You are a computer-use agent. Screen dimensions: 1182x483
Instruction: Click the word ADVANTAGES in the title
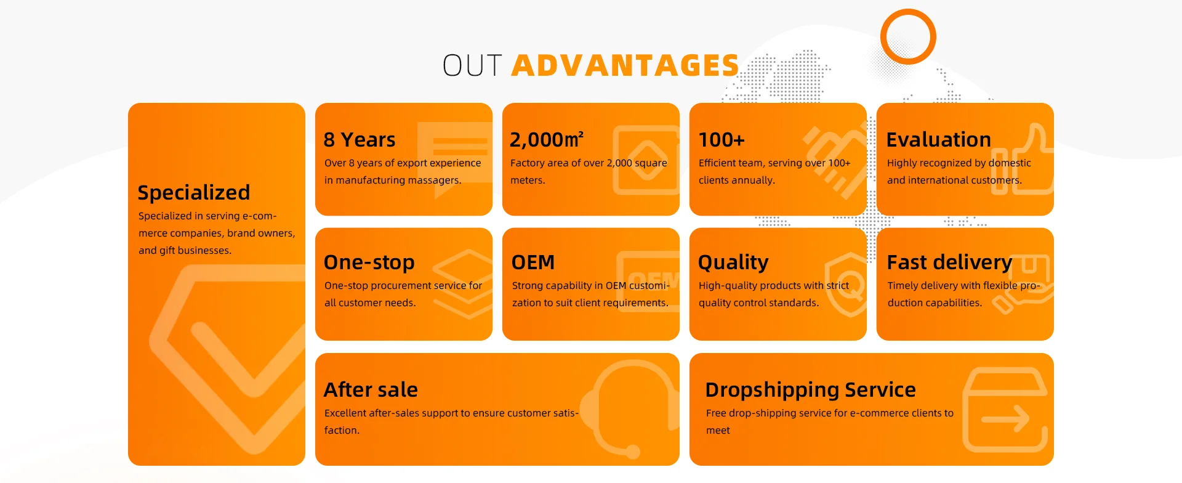(x=625, y=65)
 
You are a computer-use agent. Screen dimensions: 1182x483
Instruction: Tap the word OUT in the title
(x=472, y=65)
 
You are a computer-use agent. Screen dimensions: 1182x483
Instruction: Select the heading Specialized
(x=194, y=193)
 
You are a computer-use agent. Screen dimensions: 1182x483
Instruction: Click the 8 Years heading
(x=360, y=140)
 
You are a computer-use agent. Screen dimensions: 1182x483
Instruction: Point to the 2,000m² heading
(x=547, y=139)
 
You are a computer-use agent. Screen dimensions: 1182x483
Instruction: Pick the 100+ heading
(x=722, y=140)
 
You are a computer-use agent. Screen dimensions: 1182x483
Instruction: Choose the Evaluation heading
(x=939, y=140)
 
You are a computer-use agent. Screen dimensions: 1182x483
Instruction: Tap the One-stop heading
(x=369, y=262)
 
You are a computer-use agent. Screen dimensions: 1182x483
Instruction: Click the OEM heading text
(x=533, y=262)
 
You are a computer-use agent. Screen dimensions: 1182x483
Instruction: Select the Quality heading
(x=733, y=263)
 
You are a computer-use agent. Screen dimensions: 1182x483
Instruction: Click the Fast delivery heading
(x=949, y=262)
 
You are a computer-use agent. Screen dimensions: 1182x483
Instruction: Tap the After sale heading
(x=371, y=390)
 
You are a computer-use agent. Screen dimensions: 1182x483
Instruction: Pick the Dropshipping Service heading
(x=810, y=390)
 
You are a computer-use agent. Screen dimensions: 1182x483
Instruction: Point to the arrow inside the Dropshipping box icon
(x=1005, y=419)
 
